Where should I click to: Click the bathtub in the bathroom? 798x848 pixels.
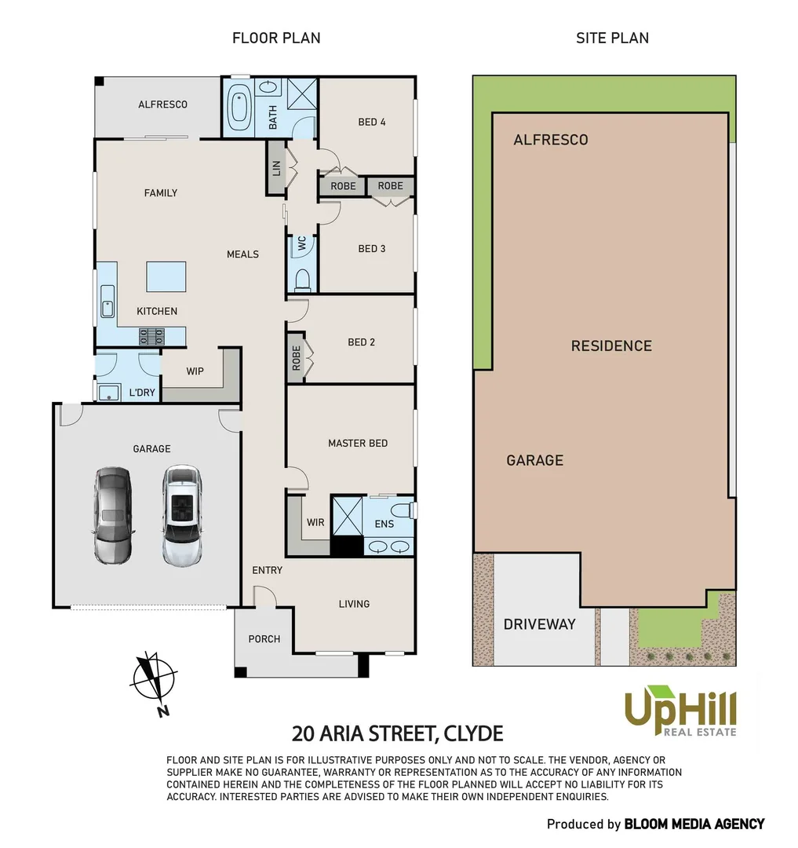pyautogui.click(x=239, y=108)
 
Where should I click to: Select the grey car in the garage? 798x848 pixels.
pyautogui.click(x=113, y=515)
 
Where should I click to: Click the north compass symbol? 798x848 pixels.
pyautogui.click(x=154, y=678)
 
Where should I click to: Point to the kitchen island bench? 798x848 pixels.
pyautogui.click(x=166, y=276)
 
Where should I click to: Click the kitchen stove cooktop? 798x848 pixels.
pyautogui.click(x=152, y=337)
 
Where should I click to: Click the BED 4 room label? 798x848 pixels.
pyautogui.click(x=372, y=122)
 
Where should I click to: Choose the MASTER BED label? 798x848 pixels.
pyautogui.click(x=358, y=443)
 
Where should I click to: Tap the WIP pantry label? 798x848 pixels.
pyautogui.click(x=195, y=371)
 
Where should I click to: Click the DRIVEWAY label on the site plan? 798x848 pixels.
pyautogui.click(x=539, y=624)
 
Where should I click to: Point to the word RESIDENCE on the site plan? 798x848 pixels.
pyautogui.click(x=611, y=345)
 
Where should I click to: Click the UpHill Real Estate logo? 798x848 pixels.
pyautogui.click(x=680, y=711)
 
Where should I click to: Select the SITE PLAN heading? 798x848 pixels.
pyautogui.click(x=612, y=38)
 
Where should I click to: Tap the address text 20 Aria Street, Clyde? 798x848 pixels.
pyautogui.click(x=397, y=733)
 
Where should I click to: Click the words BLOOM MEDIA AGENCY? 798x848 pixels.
pyautogui.click(x=694, y=824)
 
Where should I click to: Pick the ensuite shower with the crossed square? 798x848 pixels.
pyautogui.click(x=345, y=515)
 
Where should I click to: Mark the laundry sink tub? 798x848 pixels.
pyautogui.click(x=108, y=393)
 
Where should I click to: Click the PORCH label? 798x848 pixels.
pyautogui.click(x=264, y=638)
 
